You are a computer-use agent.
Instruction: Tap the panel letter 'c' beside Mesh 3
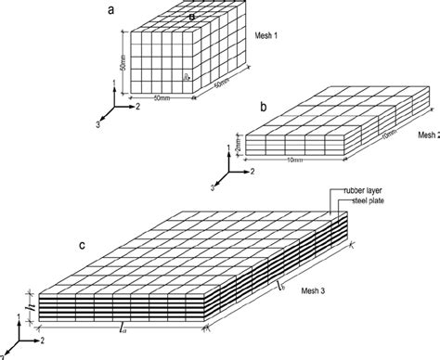click(83, 245)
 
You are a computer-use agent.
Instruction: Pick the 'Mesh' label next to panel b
click(428, 135)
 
